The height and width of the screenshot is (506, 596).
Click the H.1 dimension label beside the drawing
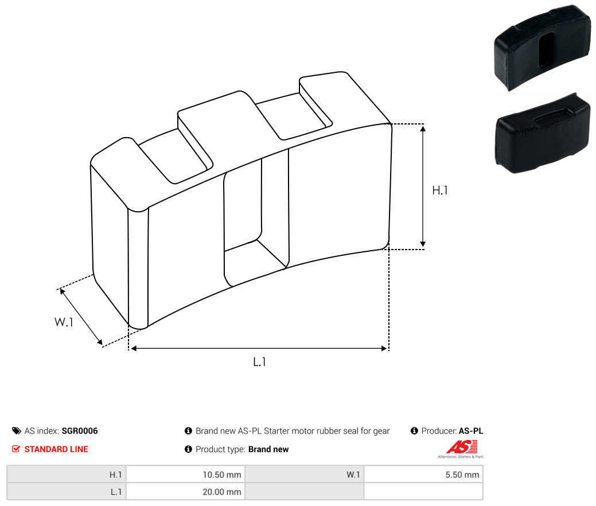pyautogui.click(x=440, y=190)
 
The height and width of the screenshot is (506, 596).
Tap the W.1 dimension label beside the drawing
pyautogui.click(x=64, y=322)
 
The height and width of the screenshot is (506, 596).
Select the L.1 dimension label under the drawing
pyautogui.click(x=259, y=361)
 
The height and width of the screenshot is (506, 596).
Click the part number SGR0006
pyautogui.click(x=79, y=431)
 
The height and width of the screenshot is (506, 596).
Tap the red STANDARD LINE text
pyautogui.click(x=56, y=449)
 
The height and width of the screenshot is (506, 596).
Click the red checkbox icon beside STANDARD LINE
pyautogui.click(x=16, y=449)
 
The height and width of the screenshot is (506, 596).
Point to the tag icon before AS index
pyautogui.click(x=16, y=431)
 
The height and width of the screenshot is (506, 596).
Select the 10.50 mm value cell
pyautogui.click(x=185, y=474)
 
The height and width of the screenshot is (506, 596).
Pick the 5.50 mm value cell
pyautogui.click(x=423, y=474)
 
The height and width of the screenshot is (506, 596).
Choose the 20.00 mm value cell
pyautogui.click(x=185, y=492)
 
